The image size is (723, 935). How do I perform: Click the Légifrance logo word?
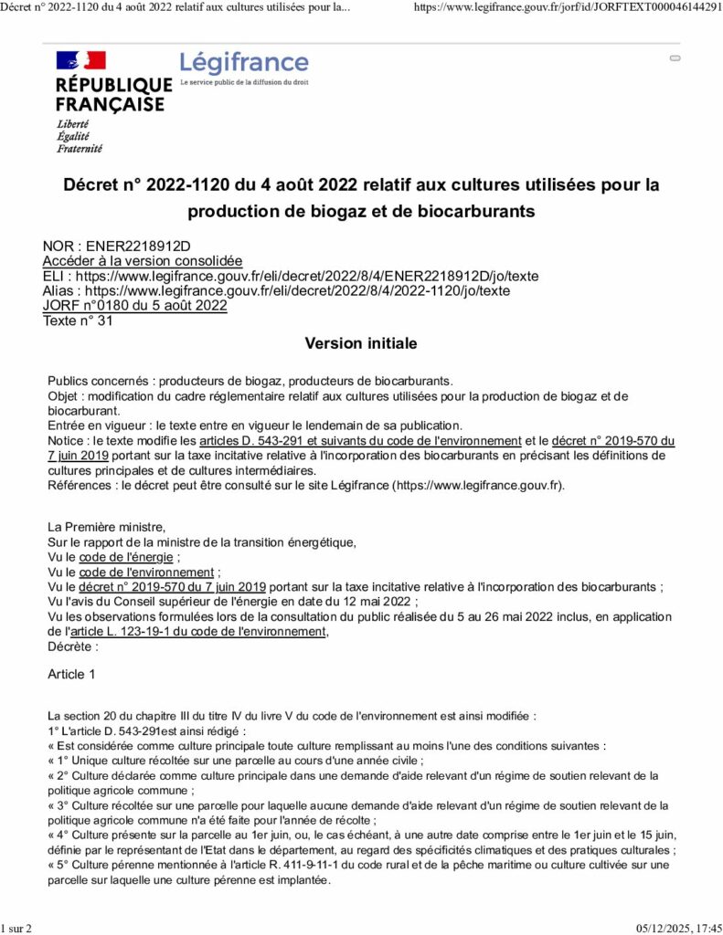(x=244, y=63)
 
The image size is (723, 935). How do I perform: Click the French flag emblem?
(x=80, y=61)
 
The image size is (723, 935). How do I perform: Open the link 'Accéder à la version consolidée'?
(x=143, y=260)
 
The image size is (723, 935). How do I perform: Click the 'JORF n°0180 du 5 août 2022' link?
(x=135, y=305)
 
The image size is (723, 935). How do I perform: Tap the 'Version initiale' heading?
(x=360, y=343)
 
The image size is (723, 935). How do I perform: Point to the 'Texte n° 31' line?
(x=78, y=320)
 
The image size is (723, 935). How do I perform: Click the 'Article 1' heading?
(x=71, y=674)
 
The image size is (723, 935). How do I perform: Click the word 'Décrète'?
(x=70, y=645)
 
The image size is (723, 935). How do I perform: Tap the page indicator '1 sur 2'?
(x=17, y=929)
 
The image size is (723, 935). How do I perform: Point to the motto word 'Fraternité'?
(x=80, y=148)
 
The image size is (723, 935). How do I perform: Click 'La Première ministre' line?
(x=106, y=528)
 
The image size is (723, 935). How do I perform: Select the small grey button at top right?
(x=675, y=58)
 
